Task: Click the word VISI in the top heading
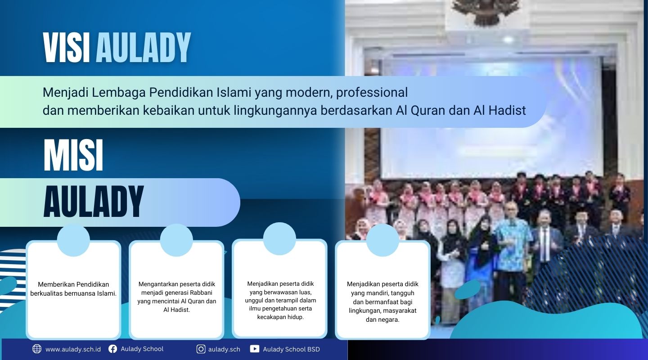pos(67,48)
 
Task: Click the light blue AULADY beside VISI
pos(143,48)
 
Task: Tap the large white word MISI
pos(73,156)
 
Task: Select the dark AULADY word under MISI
pos(94,202)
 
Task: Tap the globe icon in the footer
pos(37,349)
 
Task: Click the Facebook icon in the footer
pos(113,349)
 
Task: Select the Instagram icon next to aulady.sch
pos(201,349)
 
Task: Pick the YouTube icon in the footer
pos(254,349)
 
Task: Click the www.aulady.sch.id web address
pos(73,349)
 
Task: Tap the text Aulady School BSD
pos(291,349)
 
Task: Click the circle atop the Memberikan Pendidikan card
pos(73,240)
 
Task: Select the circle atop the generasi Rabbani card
pos(176,240)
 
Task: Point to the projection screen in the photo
pos(490,117)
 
